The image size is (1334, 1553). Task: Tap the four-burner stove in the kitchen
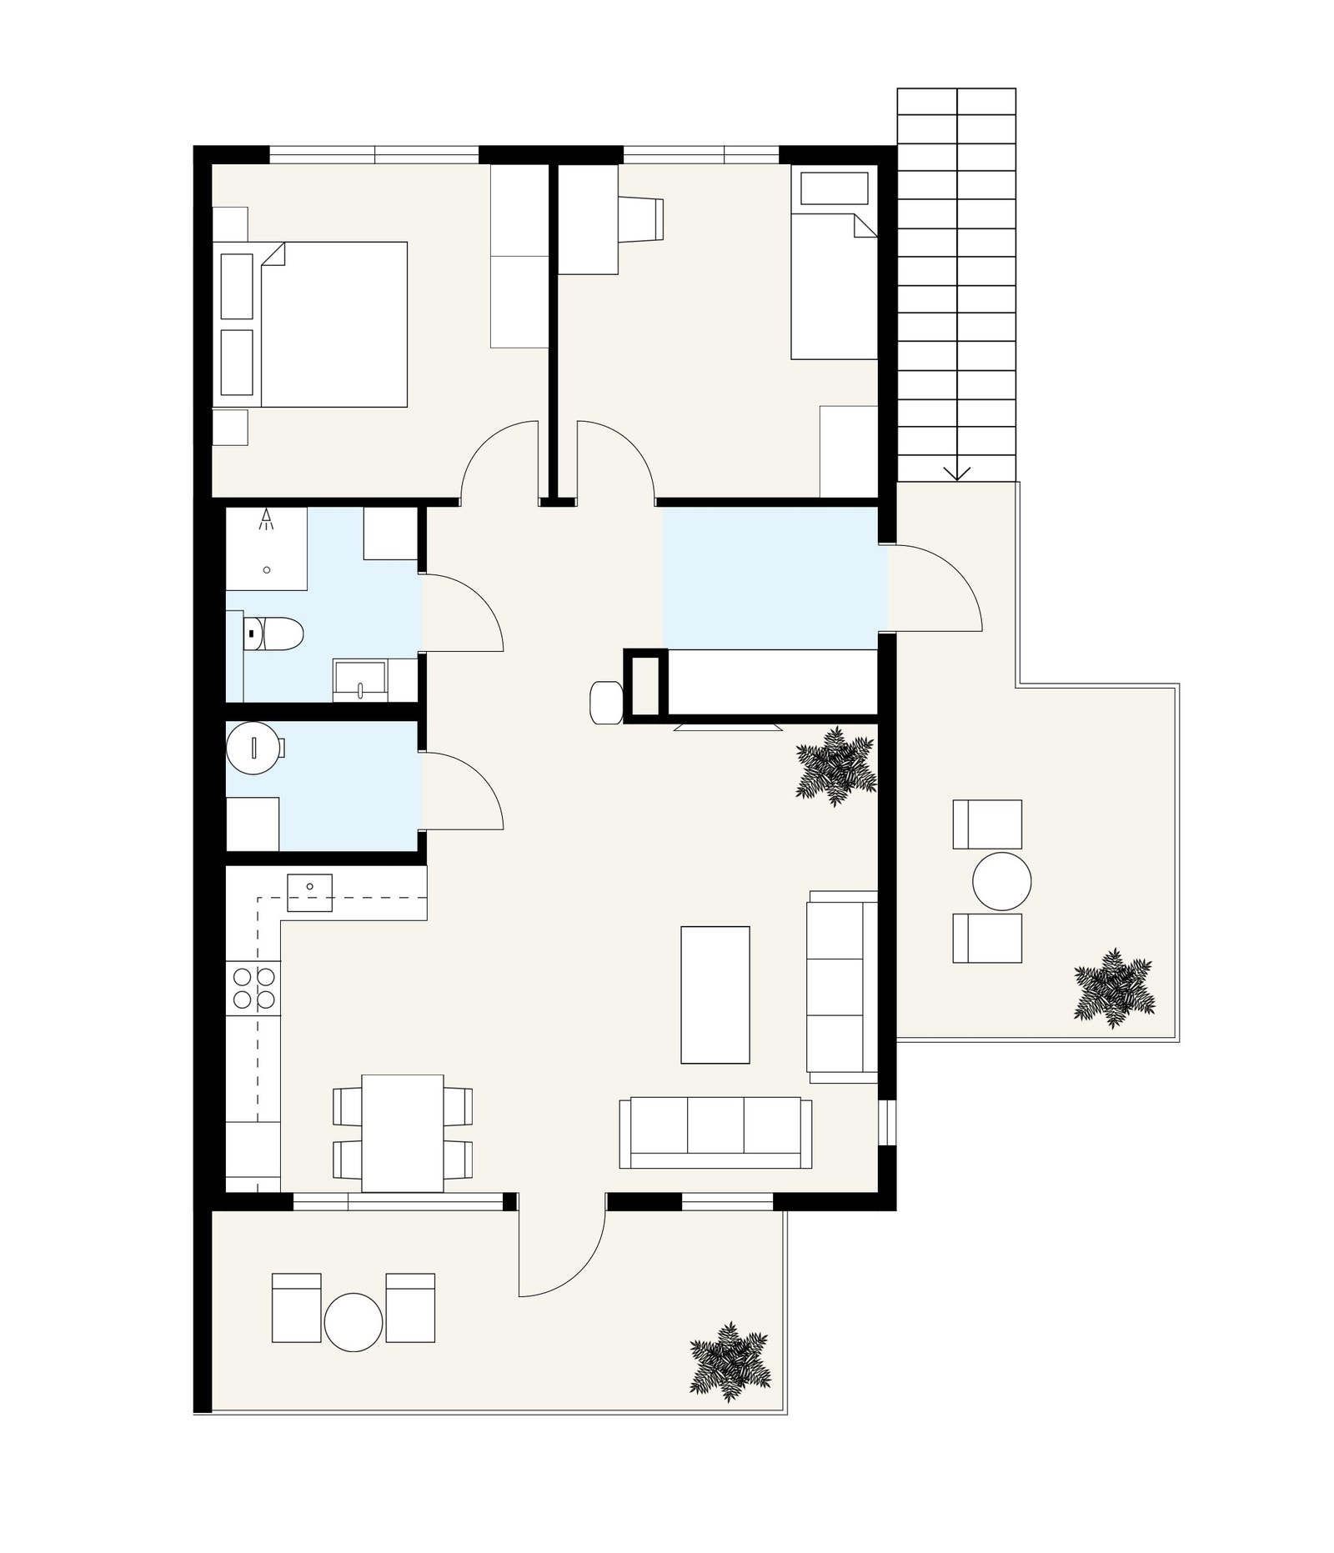pos(253,986)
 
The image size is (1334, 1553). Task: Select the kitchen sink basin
pos(309,892)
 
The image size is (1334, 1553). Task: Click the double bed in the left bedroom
pos(333,324)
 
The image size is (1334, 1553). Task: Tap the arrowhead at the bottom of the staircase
pos(957,473)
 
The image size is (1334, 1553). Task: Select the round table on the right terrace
pos(1001,881)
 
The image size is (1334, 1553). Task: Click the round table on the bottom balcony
pos(354,1321)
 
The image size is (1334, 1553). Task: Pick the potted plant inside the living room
pos(836,764)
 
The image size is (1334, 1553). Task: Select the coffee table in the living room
pos(715,994)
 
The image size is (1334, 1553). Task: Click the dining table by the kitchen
pos(402,1133)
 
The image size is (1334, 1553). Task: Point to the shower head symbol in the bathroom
pos(267,520)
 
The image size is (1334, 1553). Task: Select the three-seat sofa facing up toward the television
pos(715,1133)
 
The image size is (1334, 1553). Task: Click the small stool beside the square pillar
pos(606,702)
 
